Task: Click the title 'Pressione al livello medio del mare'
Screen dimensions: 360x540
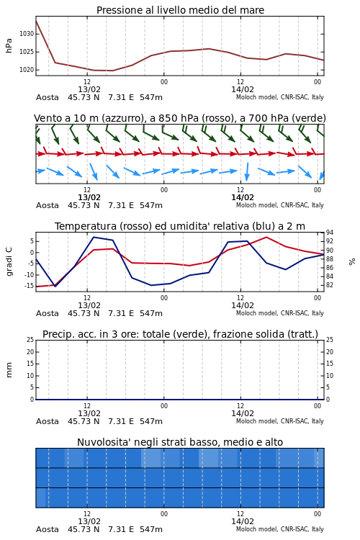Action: click(x=180, y=10)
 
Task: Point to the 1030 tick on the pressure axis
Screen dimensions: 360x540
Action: click(x=27, y=34)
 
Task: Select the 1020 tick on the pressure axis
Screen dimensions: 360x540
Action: click(x=27, y=70)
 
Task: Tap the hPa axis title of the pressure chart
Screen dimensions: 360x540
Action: click(x=9, y=45)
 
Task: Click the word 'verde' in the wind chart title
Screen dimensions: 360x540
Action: click(x=307, y=118)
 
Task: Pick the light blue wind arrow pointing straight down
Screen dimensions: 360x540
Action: click(x=247, y=171)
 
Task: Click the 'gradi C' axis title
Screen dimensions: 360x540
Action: click(x=9, y=261)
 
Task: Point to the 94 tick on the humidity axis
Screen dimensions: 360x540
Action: click(x=330, y=233)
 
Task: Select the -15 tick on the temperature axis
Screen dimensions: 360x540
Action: click(x=30, y=286)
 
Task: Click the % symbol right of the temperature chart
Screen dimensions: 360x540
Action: click(x=352, y=262)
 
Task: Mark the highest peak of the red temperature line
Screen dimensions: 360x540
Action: click(x=266, y=237)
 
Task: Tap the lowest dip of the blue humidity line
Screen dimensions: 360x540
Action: click(x=55, y=286)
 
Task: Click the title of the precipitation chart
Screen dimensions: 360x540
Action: click(x=180, y=334)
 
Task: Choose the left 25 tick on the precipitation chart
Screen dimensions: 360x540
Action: click(x=30, y=340)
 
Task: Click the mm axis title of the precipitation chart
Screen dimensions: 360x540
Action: click(x=9, y=370)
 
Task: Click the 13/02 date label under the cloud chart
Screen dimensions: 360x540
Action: click(x=89, y=521)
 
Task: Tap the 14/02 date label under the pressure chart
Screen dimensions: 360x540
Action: click(x=243, y=89)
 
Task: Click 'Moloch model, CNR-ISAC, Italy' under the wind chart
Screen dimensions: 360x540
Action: click(x=280, y=205)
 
